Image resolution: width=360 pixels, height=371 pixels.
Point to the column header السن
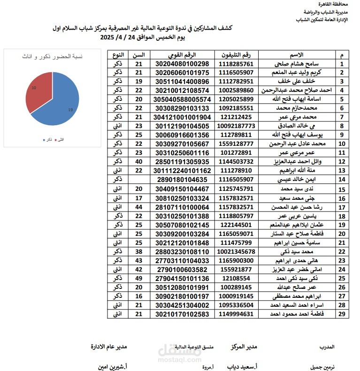point(138,55)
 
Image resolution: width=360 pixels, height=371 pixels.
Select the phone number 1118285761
point(236,64)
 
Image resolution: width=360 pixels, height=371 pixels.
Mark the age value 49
point(138,278)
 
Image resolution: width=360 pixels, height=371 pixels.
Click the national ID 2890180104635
point(182,180)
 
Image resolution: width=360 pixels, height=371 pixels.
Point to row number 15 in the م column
point(342,189)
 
